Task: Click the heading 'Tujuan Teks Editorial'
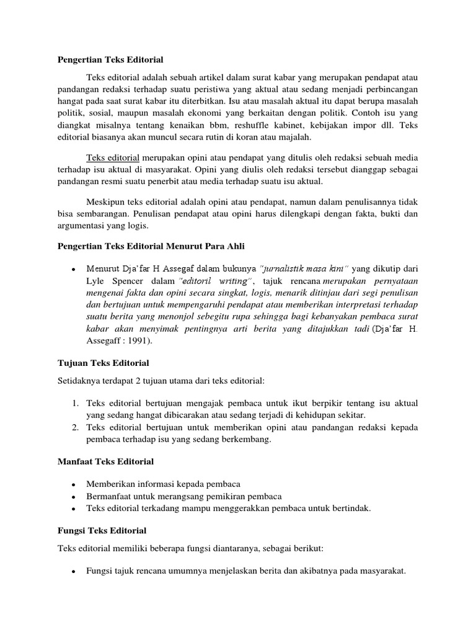point(103,363)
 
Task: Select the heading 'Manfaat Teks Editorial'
point(105,461)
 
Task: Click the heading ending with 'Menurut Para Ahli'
point(151,247)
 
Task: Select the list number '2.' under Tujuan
point(74,428)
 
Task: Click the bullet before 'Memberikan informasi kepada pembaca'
point(74,484)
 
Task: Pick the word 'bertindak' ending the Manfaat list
point(350,508)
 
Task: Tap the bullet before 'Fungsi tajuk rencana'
point(74,573)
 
